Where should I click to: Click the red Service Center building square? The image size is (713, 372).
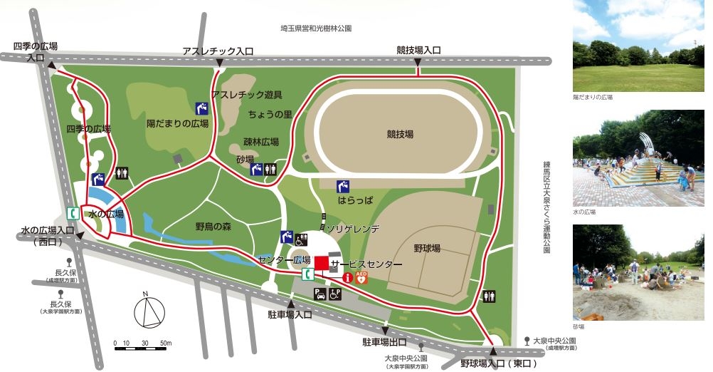[321, 264]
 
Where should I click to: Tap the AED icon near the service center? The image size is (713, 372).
[361, 279]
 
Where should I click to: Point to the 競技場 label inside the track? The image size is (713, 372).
[400, 133]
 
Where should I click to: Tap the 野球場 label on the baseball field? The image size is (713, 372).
[427, 248]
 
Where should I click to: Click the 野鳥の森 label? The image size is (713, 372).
[214, 227]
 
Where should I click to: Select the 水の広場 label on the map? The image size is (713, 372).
[106, 214]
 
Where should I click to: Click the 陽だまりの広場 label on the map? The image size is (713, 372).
[177, 123]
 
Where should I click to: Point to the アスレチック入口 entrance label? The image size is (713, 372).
[218, 51]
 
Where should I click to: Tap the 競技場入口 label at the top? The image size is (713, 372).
[418, 51]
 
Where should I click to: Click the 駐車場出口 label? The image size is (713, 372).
[384, 341]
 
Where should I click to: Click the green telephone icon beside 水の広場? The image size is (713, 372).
[73, 213]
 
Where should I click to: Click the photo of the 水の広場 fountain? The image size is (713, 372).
[638, 157]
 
